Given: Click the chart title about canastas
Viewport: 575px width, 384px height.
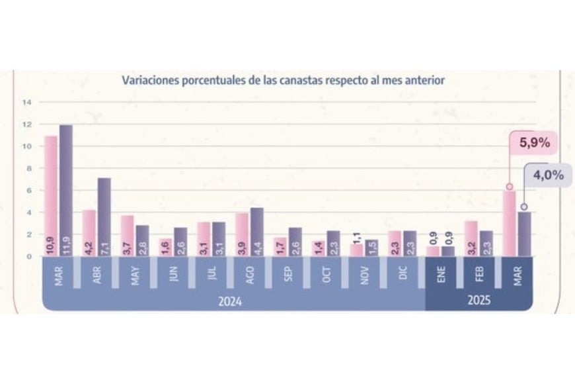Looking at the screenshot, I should tap(283, 80).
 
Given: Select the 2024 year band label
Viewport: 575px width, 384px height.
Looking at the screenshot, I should tap(229, 301).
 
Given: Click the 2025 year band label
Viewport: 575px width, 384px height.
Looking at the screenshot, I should tap(478, 301).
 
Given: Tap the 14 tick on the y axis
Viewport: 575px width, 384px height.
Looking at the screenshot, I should tap(26, 102).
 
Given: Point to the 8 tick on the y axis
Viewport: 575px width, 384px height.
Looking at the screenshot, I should tap(26, 168).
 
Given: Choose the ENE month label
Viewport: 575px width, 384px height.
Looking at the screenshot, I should tap(440, 274).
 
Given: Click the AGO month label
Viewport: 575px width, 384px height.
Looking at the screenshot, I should tap(249, 274).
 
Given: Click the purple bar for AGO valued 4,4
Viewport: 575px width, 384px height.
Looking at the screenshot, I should tap(256, 232).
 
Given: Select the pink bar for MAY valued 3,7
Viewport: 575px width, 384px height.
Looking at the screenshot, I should tap(127, 236).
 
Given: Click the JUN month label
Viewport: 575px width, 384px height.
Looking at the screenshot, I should tap(172, 274).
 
